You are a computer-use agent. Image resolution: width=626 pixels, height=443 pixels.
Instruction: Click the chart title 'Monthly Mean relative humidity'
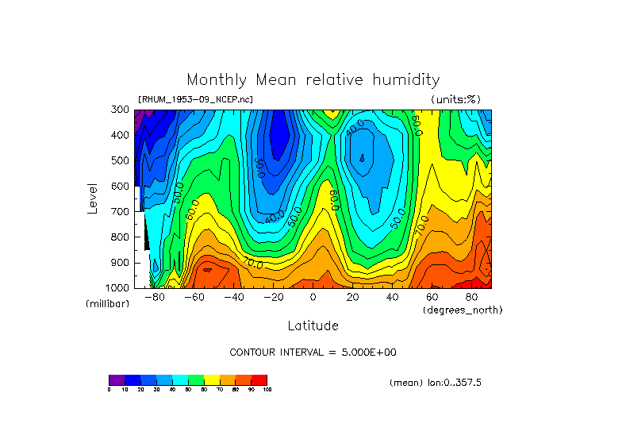pos(313,79)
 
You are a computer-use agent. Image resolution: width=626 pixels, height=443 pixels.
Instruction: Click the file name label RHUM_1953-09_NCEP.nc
pos(195,99)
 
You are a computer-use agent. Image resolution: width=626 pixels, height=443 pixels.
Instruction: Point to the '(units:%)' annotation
pos(455,99)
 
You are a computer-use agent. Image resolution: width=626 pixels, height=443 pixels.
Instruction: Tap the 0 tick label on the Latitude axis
pos(313,297)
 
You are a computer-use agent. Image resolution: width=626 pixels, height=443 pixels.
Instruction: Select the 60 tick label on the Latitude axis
pos(432,297)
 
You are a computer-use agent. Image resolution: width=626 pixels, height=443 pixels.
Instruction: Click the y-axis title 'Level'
pos(94,198)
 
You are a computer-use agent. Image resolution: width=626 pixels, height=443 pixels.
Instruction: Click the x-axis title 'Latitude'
pos(313,326)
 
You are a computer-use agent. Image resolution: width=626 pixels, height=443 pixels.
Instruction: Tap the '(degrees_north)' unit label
pos(463,310)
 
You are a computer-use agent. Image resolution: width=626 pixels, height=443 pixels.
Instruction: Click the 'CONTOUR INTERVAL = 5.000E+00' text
pos(313,352)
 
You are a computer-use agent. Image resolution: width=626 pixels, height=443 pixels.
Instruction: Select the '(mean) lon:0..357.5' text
pos(436,383)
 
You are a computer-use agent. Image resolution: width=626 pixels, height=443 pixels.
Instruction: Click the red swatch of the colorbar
pos(259,379)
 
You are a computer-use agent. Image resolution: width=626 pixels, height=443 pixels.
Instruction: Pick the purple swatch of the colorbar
pos(117,379)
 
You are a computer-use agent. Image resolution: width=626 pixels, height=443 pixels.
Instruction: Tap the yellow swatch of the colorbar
pos(212,379)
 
